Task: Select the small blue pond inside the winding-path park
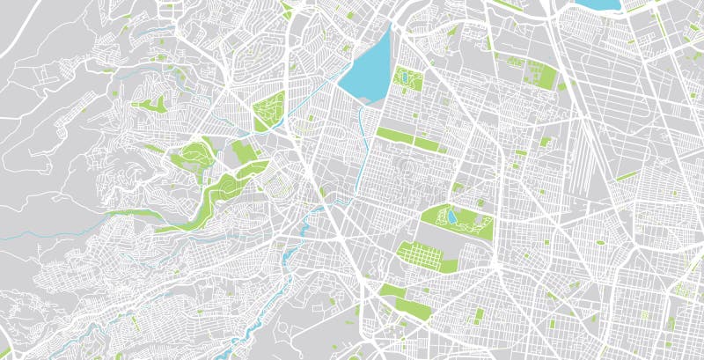tap(451, 215)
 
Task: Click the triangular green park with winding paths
tap(269, 112)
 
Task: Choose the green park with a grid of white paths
tap(426, 256)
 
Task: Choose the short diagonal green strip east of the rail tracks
tap(627, 175)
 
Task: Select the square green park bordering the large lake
tap(407, 80)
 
